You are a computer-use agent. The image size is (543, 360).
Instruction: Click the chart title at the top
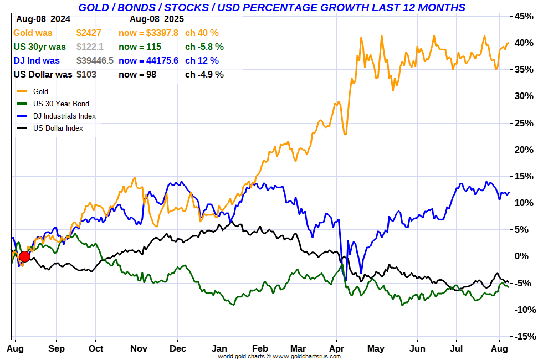point(271,7)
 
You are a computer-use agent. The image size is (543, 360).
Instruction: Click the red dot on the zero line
point(24,256)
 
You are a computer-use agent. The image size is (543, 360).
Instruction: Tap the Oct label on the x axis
point(96,348)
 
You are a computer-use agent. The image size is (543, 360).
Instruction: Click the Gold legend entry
point(41,92)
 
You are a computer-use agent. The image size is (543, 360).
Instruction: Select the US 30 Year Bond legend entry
point(61,104)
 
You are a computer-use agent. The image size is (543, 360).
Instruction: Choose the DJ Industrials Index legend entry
point(64,116)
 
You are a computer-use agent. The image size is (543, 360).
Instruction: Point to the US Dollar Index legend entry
point(58,128)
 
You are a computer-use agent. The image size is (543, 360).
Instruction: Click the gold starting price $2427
point(89,33)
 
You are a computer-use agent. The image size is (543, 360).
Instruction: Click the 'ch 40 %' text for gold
point(202,33)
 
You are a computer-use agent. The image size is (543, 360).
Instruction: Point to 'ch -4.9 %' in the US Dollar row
point(204,75)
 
